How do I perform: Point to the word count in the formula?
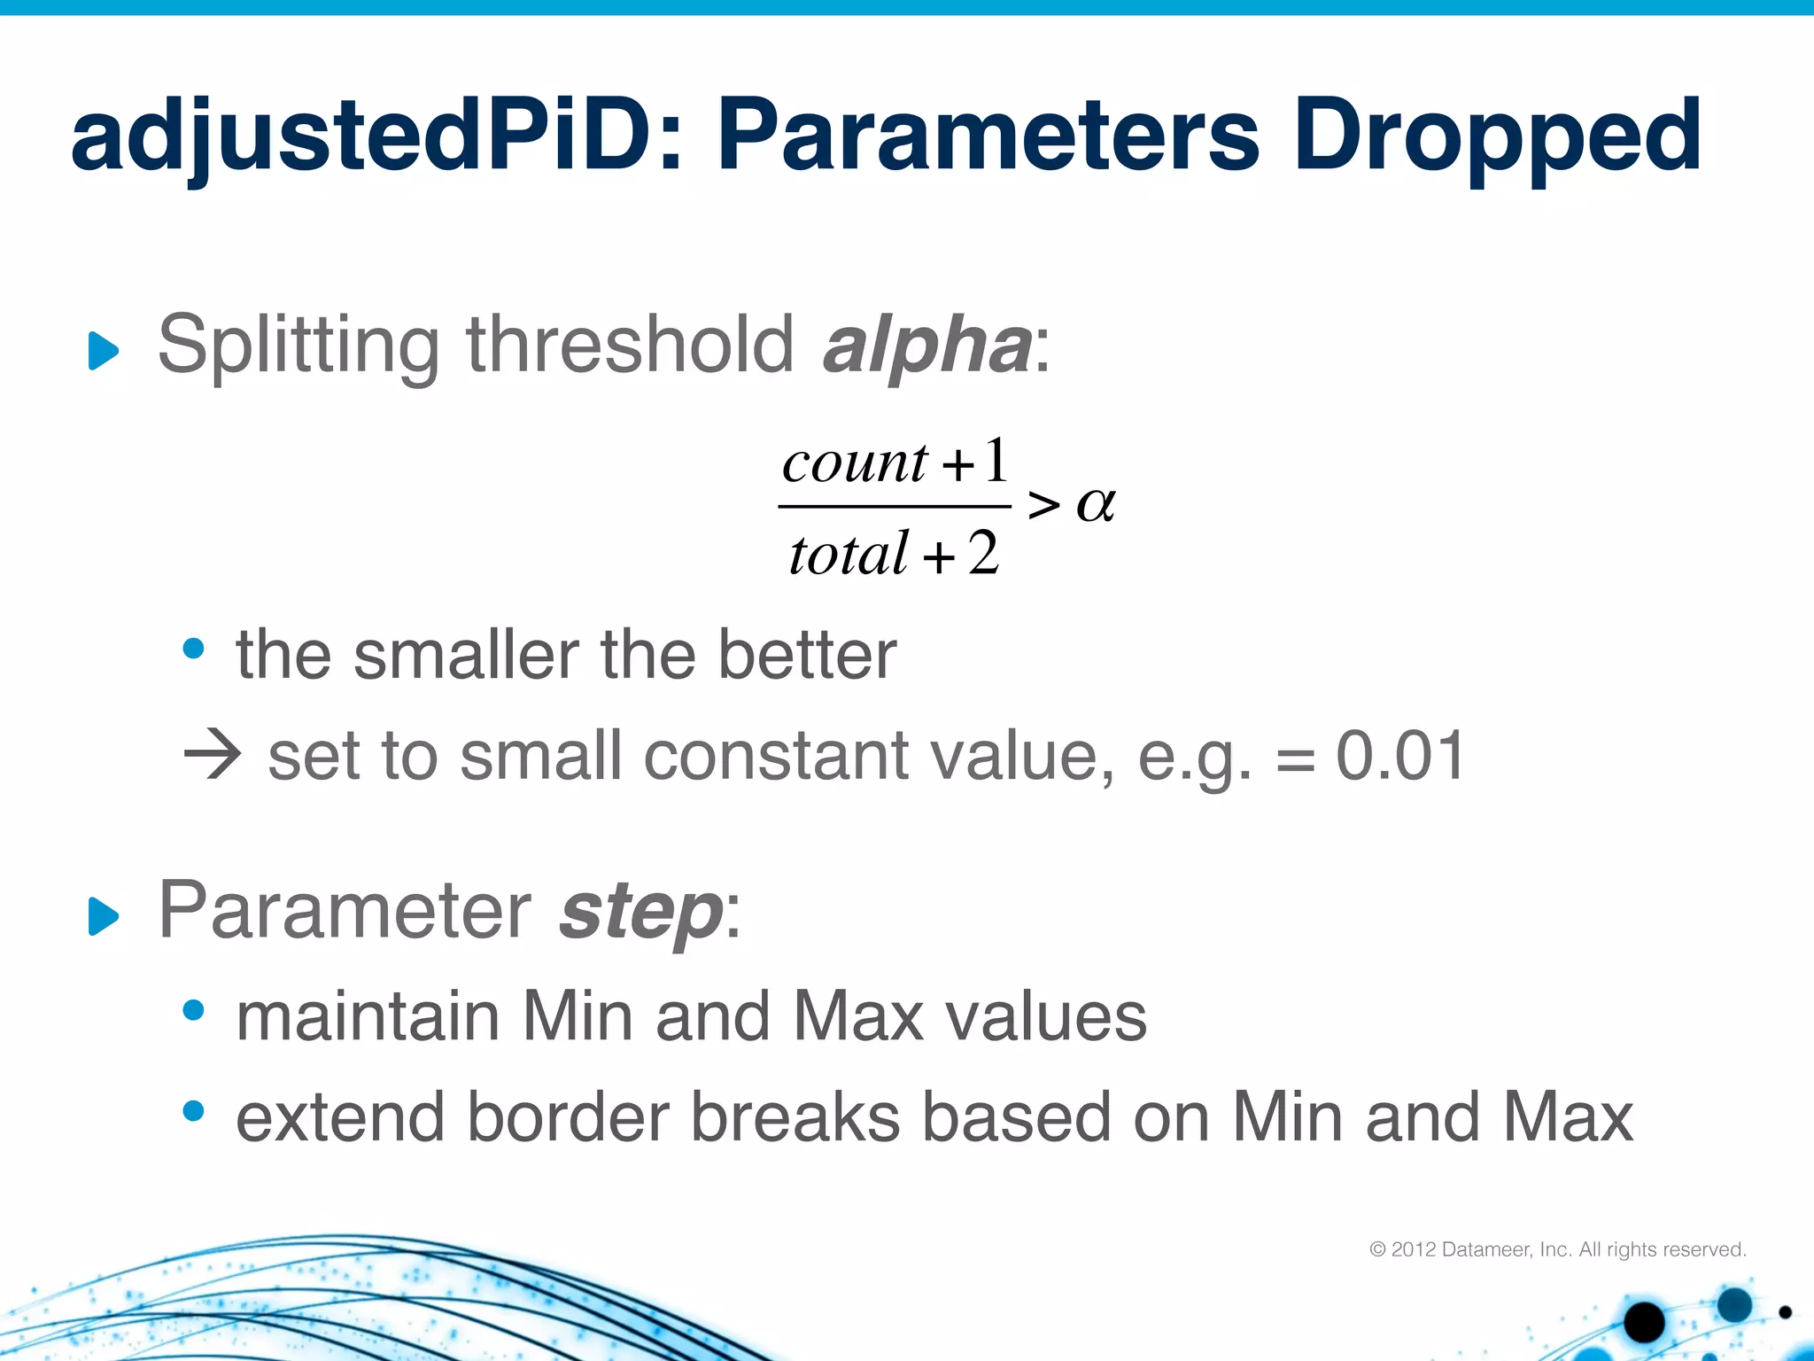click(x=855, y=463)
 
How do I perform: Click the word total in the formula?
click(x=849, y=555)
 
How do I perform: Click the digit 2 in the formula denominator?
click(x=983, y=554)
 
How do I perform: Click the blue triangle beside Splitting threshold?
click(x=104, y=351)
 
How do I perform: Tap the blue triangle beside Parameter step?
click(x=104, y=916)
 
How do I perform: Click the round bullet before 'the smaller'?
click(x=193, y=649)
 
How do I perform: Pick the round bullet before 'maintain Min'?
click(x=193, y=1009)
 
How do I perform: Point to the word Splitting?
click(x=298, y=346)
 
